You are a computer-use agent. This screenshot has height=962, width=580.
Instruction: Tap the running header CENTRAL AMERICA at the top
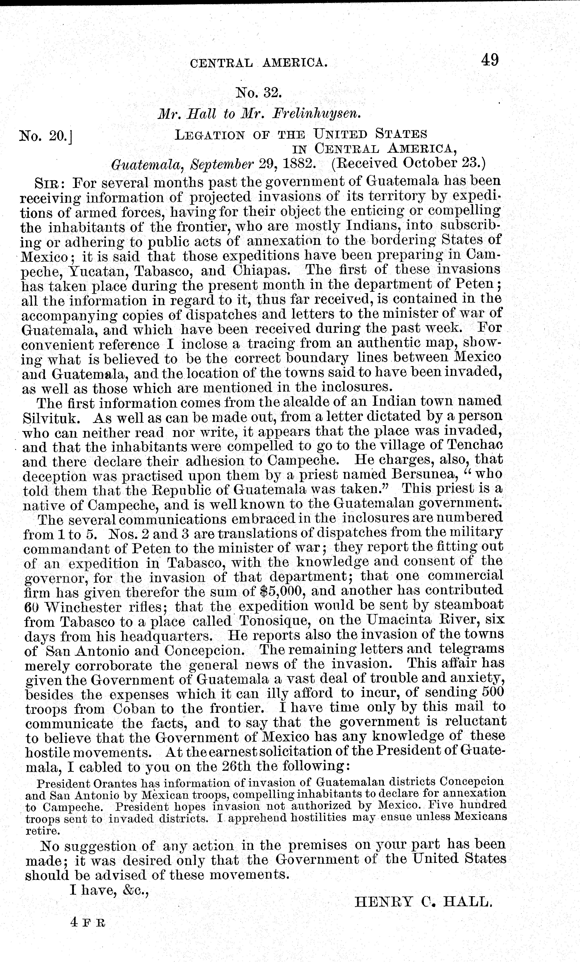click(x=258, y=62)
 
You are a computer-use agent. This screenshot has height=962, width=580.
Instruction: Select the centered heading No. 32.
click(x=258, y=93)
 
